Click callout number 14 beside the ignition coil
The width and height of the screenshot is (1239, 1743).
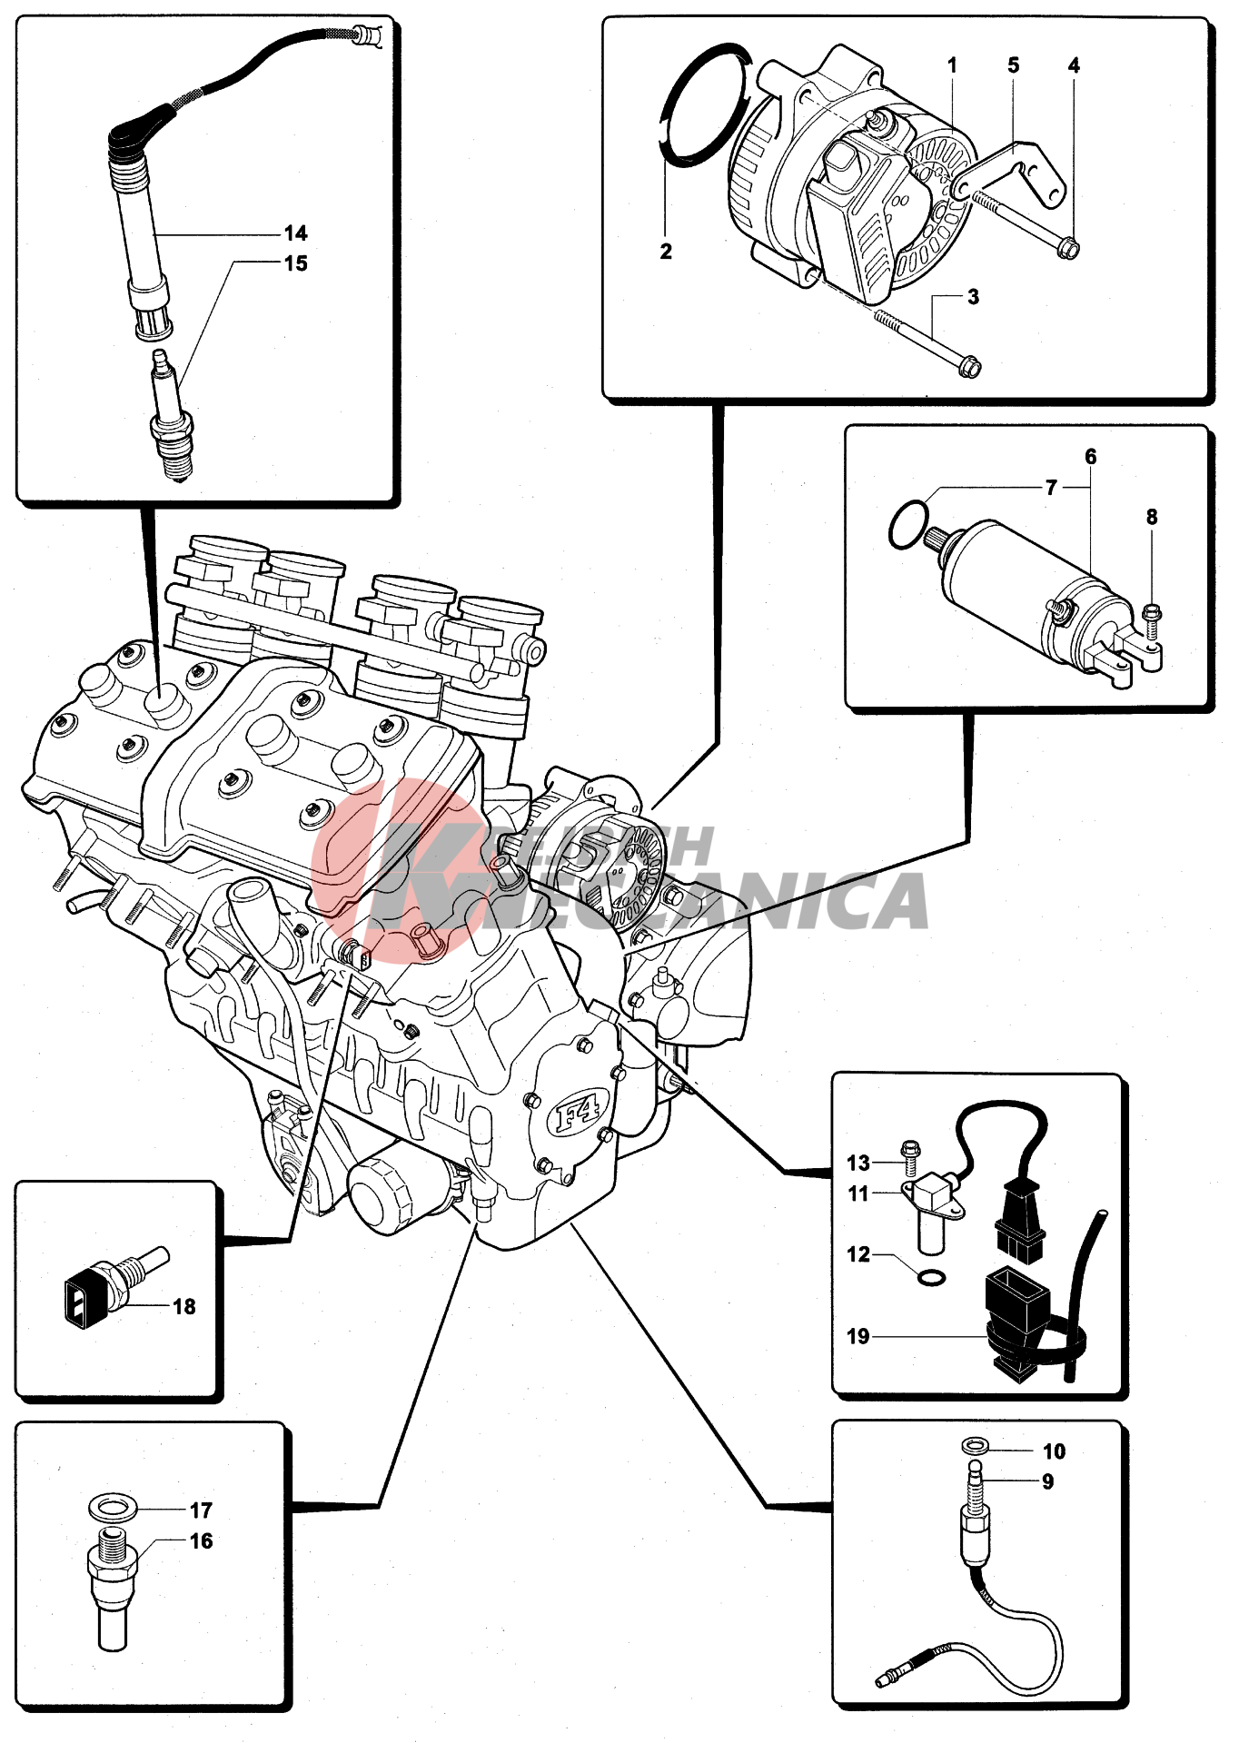click(295, 233)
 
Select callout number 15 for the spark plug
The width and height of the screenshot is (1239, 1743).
click(295, 263)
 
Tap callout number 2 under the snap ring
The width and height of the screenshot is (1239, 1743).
click(666, 252)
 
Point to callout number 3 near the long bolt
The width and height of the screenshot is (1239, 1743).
click(973, 297)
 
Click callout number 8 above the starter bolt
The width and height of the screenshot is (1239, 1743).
click(1151, 517)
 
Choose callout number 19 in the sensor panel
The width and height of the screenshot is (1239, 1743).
click(857, 1336)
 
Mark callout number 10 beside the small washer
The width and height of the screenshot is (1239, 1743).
click(1054, 1451)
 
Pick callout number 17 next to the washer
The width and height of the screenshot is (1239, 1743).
click(201, 1510)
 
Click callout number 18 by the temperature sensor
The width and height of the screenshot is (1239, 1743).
click(183, 1306)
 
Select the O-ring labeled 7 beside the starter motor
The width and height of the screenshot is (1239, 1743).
click(908, 526)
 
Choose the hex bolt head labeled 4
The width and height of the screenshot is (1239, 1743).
click(1069, 247)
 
